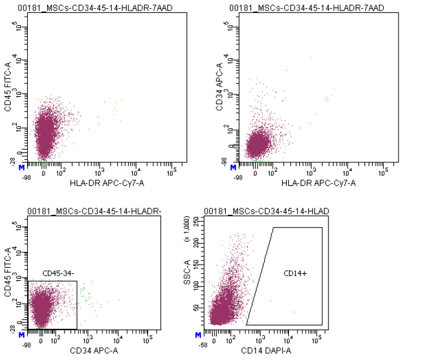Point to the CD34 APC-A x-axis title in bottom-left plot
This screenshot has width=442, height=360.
click(94, 351)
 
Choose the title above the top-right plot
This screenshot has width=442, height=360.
click(306, 7)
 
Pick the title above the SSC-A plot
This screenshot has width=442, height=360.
click(266, 212)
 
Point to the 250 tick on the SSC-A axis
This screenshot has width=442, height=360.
click(197, 220)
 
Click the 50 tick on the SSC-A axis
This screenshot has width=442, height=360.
click(199, 307)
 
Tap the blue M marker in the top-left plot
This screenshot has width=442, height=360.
click(22, 167)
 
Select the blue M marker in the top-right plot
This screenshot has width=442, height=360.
click(233, 167)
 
